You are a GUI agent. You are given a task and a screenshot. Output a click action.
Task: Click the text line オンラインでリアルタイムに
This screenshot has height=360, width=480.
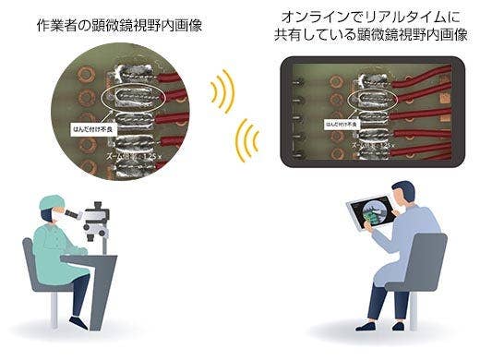[366, 16]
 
